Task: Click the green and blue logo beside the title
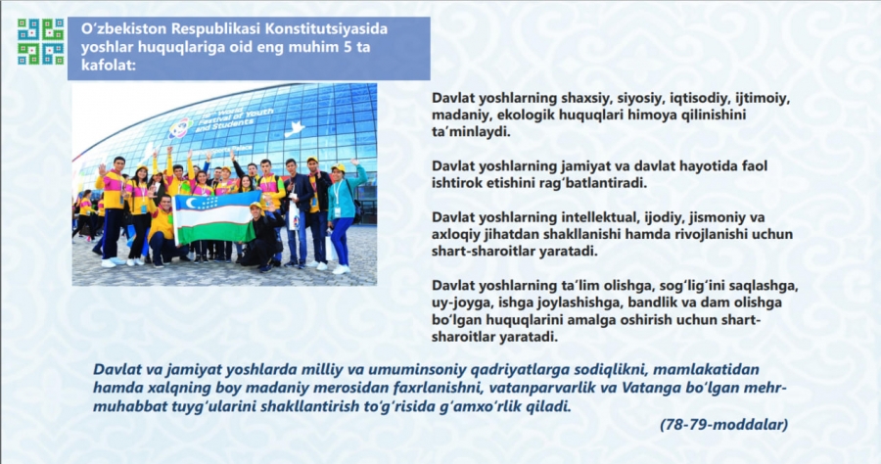coord(40,41)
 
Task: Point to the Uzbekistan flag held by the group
coord(214,217)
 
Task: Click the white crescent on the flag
coord(192,203)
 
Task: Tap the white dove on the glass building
coord(296,129)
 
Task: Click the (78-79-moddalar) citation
coord(724,425)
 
